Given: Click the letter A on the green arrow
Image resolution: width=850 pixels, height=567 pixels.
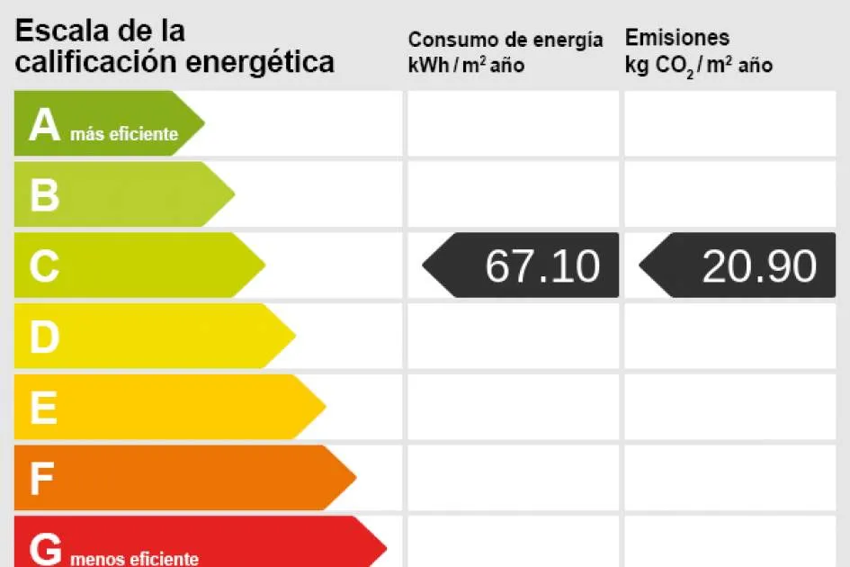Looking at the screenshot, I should (44, 125).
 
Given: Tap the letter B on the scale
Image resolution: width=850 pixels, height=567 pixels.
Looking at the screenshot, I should (44, 195).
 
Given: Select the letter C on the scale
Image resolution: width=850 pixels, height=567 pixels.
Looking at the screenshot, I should (44, 266).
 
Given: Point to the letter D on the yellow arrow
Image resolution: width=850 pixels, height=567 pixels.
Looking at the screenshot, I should (44, 337).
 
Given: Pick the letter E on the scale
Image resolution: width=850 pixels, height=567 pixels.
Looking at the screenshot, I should (43, 409).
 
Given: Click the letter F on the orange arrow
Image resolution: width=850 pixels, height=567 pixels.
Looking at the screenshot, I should (42, 479).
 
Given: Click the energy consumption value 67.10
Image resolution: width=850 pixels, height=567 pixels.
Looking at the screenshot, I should (541, 266).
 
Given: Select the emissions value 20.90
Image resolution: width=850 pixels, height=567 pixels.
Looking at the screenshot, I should (758, 266).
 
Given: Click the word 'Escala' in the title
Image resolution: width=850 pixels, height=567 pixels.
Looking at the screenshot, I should (62, 31).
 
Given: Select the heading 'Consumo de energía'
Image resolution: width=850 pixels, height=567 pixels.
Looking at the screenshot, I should (506, 40).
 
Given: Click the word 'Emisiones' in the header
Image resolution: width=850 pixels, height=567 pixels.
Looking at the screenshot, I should (676, 38).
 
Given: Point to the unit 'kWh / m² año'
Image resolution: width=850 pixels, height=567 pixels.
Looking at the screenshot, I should (466, 66).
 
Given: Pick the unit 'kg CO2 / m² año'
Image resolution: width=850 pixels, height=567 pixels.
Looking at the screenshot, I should (698, 66).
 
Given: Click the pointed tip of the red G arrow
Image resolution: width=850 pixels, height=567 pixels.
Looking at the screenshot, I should (385, 546).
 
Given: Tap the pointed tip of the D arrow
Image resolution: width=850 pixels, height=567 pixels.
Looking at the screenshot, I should (294, 336).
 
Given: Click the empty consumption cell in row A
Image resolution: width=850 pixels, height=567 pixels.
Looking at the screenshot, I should (513, 123).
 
